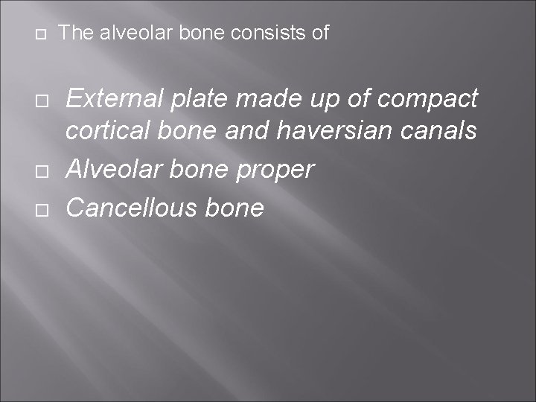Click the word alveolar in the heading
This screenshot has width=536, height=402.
124,33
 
